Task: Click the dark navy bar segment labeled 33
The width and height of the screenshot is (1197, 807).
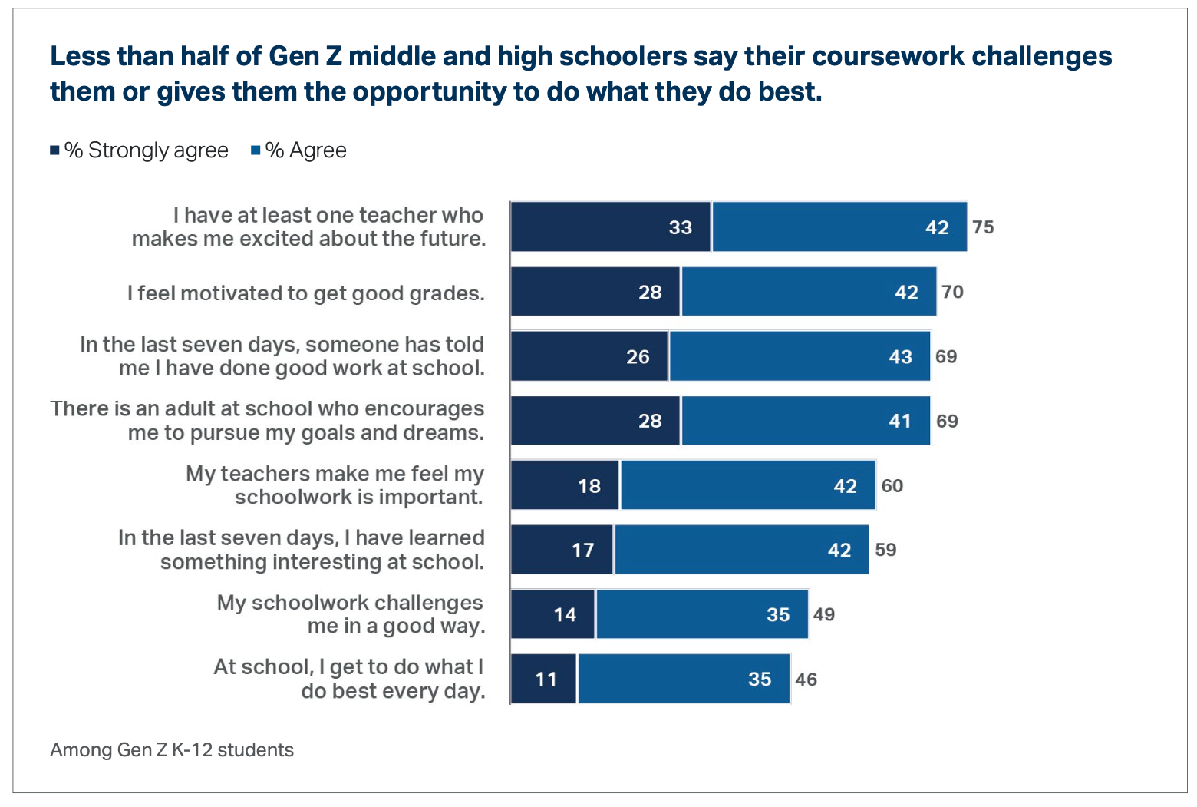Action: [x=611, y=227]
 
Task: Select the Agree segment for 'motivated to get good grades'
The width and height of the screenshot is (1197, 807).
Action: [x=809, y=292]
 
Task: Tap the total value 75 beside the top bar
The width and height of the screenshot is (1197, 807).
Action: [x=983, y=227]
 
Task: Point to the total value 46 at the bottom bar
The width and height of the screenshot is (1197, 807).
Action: [x=806, y=680]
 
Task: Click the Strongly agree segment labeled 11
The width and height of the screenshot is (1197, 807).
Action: [x=543, y=679]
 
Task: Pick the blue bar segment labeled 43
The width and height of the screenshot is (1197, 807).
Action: [x=800, y=356]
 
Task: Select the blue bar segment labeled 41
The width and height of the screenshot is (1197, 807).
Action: [x=806, y=421]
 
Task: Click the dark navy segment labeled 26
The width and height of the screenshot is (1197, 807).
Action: [x=589, y=356]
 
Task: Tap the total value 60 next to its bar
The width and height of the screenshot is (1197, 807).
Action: [x=892, y=486]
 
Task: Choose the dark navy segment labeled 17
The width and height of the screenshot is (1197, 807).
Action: [x=562, y=550]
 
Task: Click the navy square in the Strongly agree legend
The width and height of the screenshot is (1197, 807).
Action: [x=55, y=150]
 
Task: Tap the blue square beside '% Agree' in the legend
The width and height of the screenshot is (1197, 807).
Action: [x=256, y=150]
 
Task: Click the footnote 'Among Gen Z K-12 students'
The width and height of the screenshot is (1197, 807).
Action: [x=172, y=750]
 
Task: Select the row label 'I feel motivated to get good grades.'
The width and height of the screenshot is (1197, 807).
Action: [x=306, y=293]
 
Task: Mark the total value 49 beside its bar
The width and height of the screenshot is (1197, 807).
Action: [x=823, y=614]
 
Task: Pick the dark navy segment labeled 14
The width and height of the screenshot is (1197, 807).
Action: [x=552, y=614]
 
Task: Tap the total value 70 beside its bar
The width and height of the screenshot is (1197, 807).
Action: [x=952, y=292]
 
